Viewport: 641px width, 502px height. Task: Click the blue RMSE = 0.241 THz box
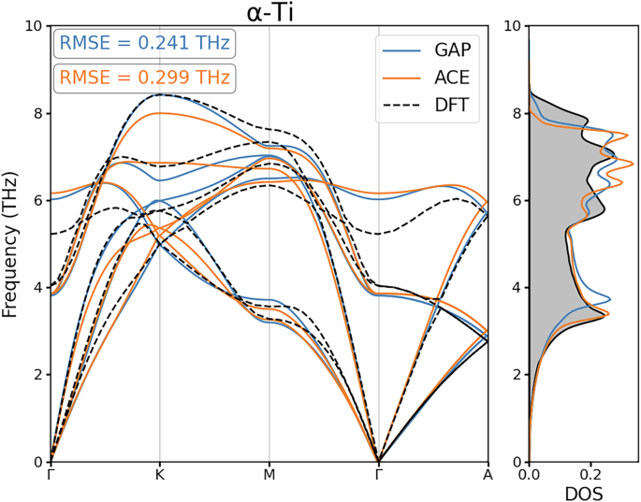pos(144,44)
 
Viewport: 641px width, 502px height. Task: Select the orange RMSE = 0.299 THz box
pos(144,79)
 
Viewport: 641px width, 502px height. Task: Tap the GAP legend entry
pos(450,50)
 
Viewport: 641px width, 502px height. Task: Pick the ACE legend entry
pos(449,79)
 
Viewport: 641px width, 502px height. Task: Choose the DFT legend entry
pos(449,108)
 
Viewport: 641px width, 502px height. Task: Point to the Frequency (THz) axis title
pos(10,244)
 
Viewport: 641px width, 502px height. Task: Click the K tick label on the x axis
pos(159,475)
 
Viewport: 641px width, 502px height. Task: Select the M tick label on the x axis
pos(270,475)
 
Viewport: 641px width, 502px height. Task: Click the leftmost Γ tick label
pos(50,475)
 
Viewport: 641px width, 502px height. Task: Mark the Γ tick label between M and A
pos(378,475)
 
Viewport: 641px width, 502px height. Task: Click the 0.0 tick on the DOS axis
pos(530,475)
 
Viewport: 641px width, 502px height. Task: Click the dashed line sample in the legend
pos(403,108)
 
